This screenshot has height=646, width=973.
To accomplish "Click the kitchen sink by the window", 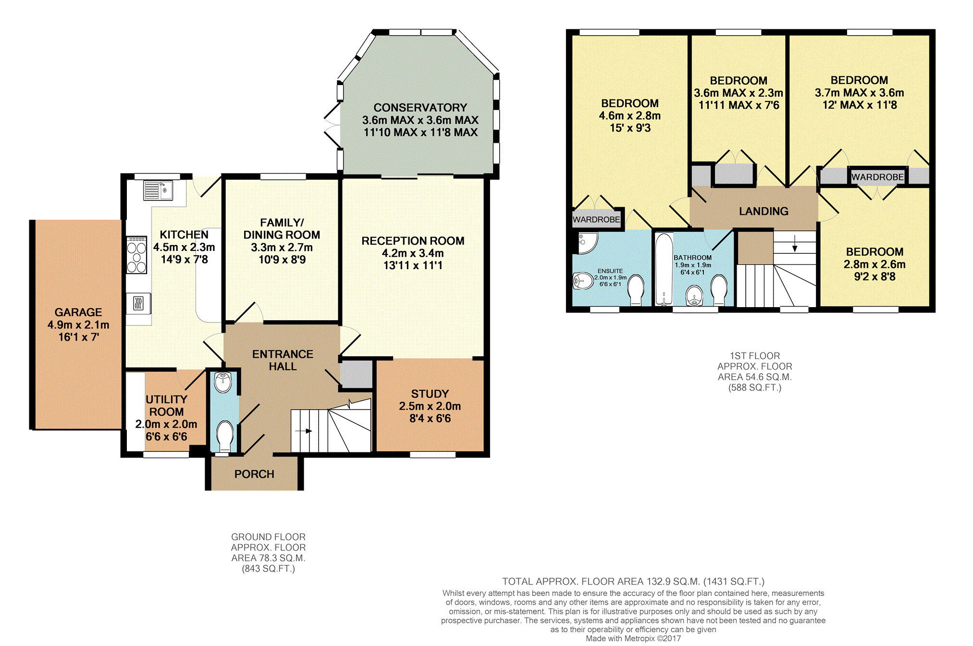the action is tap(158, 190).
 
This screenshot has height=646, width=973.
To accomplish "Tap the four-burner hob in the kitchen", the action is tap(136, 255).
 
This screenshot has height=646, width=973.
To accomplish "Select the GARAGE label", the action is tap(78, 312).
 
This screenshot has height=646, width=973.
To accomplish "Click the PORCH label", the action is tap(254, 474).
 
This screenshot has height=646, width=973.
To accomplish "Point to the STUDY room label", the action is tap(430, 394).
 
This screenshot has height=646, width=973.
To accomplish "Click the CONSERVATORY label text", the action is tap(420, 108).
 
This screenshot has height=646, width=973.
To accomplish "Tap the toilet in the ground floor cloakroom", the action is tap(224, 435).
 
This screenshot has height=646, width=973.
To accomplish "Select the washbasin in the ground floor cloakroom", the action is tap(223, 383).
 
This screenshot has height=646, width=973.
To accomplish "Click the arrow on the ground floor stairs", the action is tap(305, 431).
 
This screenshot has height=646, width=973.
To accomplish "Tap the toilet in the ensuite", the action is tap(636, 290).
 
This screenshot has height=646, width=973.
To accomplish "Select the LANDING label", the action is tap(764, 211).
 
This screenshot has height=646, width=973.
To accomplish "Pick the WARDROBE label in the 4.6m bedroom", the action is tap(596, 220).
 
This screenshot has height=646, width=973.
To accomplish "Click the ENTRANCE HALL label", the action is tap(283, 360).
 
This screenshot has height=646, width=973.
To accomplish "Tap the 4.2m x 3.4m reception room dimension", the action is tap(413, 253).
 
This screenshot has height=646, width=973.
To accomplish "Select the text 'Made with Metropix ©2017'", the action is tap(633, 639).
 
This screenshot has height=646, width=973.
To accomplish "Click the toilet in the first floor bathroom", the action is tap(719, 290).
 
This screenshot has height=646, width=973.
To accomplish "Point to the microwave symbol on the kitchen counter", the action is tap(138, 303).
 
